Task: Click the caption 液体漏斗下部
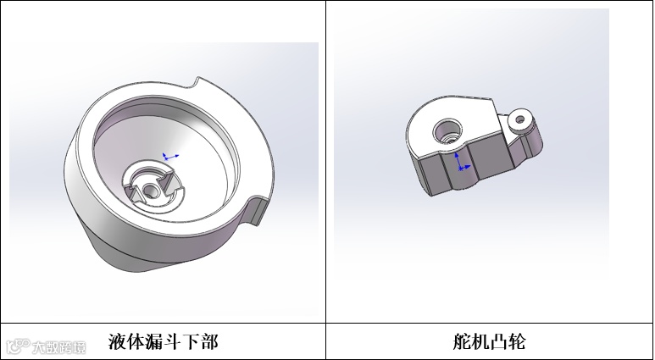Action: [163, 341]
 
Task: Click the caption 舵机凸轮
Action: [489, 341]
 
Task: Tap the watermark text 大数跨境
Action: [59, 347]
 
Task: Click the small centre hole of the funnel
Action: [150, 191]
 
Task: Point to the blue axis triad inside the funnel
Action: [170, 157]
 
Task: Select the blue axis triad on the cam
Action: [462, 162]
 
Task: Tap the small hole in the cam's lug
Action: [520, 120]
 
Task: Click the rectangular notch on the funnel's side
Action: [257, 210]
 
